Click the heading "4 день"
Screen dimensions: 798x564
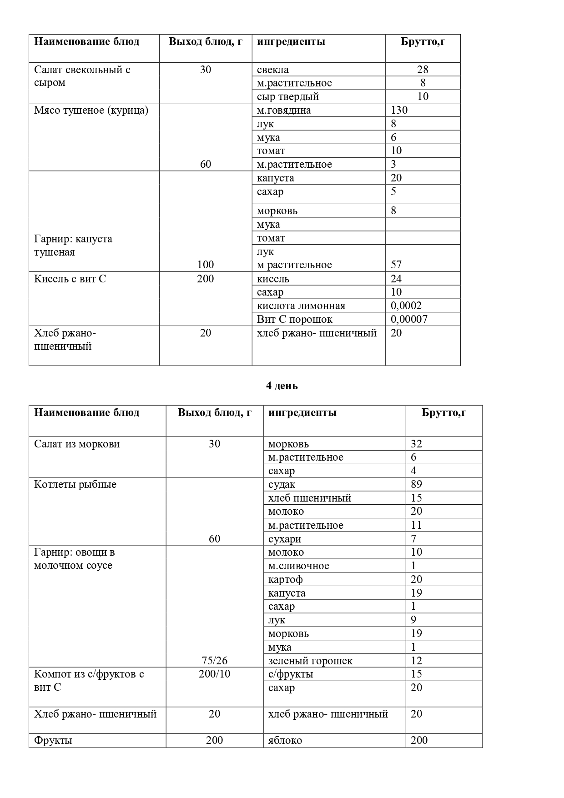point(282,386)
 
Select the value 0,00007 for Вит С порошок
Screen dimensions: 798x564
point(409,319)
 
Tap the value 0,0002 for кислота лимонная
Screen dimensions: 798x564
point(406,306)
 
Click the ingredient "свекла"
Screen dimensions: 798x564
point(272,70)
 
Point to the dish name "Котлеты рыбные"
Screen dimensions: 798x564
point(75,484)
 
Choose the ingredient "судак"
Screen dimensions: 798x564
point(282,485)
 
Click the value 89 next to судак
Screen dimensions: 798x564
point(416,484)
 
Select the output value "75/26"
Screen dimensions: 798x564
point(214,661)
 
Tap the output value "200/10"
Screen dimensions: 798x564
point(214,674)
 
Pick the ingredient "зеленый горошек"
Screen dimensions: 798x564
point(310,661)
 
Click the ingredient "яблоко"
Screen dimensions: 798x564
point(285,740)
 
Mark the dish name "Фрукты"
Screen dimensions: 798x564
point(53,740)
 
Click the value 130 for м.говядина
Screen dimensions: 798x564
point(399,110)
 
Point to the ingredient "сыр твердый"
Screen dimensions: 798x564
point(288,96)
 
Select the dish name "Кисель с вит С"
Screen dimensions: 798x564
point(70,279)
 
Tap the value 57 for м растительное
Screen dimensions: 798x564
point(396,265)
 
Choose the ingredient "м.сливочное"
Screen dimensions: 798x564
point(298,566)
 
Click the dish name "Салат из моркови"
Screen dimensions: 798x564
point(77,444)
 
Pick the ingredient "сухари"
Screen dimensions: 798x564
point(285,539)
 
